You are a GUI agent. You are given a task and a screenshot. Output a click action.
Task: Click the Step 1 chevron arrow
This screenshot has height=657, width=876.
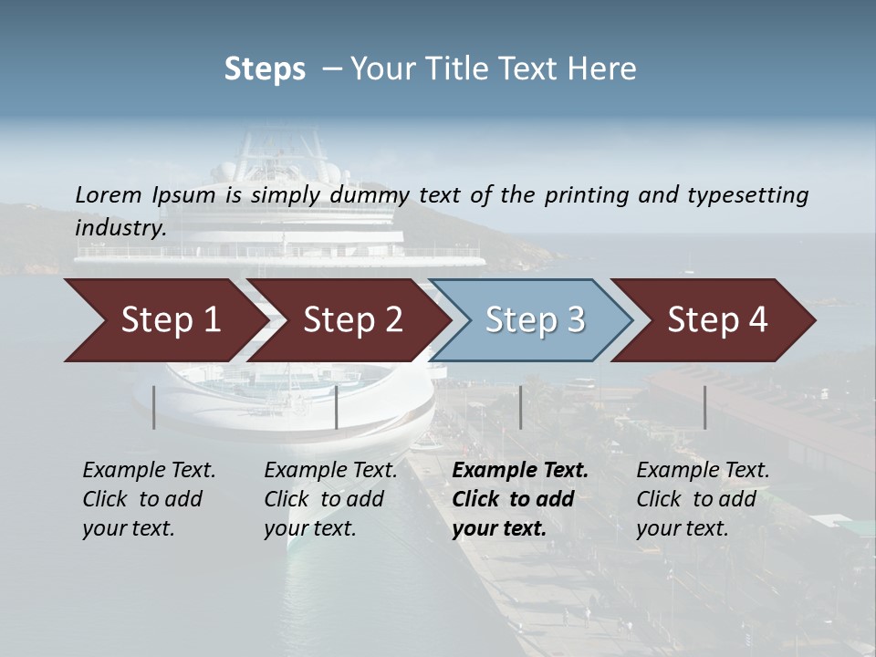point(164,320)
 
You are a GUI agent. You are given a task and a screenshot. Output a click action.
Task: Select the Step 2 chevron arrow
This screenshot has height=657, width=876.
point(351,320)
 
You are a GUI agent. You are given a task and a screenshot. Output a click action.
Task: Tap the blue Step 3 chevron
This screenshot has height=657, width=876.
point(534,320)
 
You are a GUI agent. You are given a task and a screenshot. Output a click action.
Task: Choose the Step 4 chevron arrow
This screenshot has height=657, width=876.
point(716,320)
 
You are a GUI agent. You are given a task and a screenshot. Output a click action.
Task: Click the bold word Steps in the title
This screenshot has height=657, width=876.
point(265,69)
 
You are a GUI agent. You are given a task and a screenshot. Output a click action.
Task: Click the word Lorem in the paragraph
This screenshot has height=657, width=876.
point(109,194)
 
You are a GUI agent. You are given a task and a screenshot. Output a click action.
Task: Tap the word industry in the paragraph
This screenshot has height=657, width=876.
point(120,227)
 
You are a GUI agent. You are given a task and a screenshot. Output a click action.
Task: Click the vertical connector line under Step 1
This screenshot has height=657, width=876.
point(154,407)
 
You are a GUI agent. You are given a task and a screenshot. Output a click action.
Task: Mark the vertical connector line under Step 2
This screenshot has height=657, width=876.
point(337,407)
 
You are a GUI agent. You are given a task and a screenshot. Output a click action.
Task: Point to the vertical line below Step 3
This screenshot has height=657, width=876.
point(520,407)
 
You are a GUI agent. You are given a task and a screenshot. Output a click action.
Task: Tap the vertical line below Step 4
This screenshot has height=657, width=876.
point(704,407)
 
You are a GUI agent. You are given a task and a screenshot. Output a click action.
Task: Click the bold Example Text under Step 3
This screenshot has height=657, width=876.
point(520,471)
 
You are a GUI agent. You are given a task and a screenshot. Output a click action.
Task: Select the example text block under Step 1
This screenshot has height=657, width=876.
point(149,499)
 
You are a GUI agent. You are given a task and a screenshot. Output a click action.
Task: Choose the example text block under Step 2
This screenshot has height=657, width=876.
point(330,499)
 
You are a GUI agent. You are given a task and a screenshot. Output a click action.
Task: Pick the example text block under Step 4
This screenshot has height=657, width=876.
point(703,499)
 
